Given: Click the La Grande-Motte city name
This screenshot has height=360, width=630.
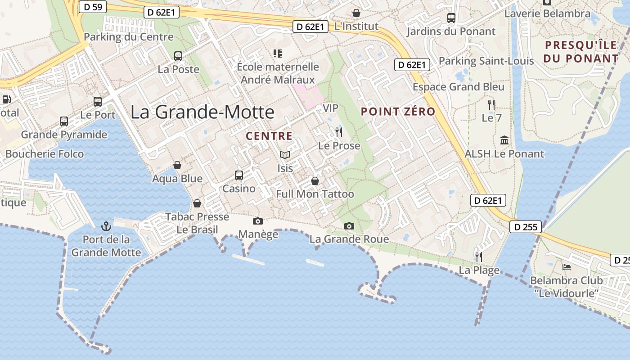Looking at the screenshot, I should point(202,112).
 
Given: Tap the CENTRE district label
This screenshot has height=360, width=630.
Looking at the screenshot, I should point(269,136).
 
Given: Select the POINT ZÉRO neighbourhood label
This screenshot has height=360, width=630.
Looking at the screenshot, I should point(398,112).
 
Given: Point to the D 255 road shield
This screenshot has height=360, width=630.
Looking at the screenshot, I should point(525,227).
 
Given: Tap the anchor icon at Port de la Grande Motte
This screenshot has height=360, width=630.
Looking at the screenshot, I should point(107,226).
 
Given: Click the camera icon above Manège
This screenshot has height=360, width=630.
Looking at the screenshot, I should point(258,221).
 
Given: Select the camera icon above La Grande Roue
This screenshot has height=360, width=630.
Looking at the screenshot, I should point(349,226).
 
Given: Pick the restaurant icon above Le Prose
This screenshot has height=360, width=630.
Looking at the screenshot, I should point(339,132).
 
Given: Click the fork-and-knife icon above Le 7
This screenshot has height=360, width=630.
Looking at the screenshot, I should point(491,105).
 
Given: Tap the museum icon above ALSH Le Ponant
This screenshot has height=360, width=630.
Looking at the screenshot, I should point(504,140).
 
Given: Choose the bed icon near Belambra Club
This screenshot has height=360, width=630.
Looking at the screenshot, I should point(567,267).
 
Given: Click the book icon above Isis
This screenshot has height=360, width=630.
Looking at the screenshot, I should point(284,155).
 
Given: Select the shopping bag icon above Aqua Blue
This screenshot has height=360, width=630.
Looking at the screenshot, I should point(177,165).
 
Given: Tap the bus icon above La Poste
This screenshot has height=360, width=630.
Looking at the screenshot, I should point(178,56).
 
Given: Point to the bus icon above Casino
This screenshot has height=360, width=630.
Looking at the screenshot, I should point(239,175).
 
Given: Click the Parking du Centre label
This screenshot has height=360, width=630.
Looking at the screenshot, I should point(129,37).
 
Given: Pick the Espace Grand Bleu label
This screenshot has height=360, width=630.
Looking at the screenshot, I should point(459,87).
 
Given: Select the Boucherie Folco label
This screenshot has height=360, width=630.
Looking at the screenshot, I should point(45,154).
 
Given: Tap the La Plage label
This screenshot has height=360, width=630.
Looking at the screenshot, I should point(479,270).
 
